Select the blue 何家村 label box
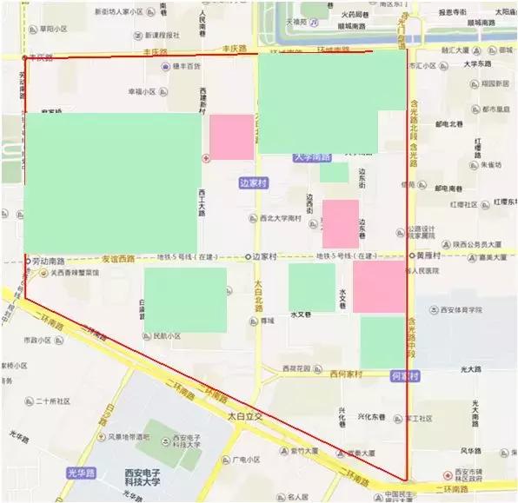click(x=404, y=376)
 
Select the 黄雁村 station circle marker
click(x=412, y=256)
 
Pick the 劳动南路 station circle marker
click(x=28, y=260)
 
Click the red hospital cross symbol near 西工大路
click(x=205, y=158)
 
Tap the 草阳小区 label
click(x=52, y=29)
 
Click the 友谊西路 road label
click(x=119, y=259)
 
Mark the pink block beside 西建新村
click(x=232, y=136)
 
